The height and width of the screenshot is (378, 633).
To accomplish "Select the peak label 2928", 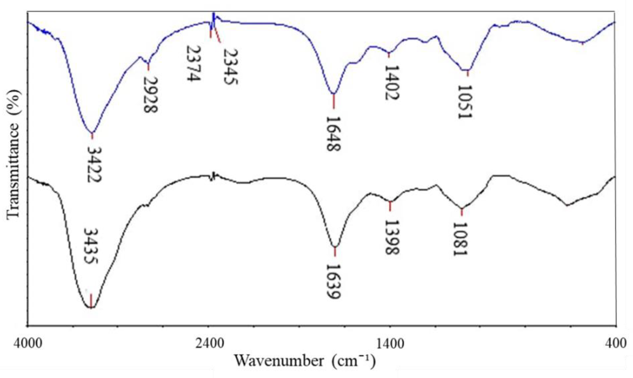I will (x=151, y=95).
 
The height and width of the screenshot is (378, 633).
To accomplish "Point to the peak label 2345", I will (x=231, y=67).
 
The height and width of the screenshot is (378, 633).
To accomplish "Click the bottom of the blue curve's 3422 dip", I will (x=92, y=133).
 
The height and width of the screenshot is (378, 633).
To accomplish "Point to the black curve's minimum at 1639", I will (x=335, y=247).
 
